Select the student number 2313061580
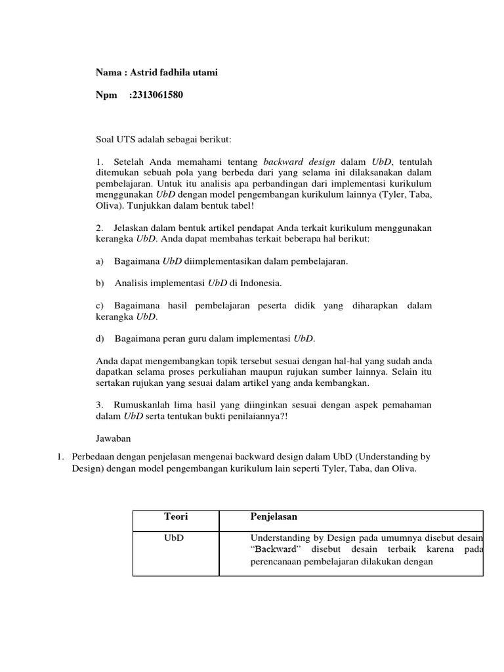pos(157,95)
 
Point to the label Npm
pos(106,95)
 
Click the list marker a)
pos(100,261)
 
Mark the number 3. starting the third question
pos(100,405)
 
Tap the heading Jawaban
pos(114,438)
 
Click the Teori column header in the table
pos(175,517)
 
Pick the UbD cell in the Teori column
pos(174,537)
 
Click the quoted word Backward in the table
pos(275,549)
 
